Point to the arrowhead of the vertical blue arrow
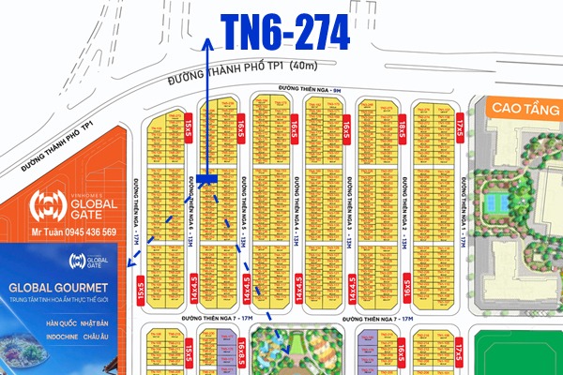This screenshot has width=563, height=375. pos(207,42)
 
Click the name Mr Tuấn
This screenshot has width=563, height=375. pos(44,232)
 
